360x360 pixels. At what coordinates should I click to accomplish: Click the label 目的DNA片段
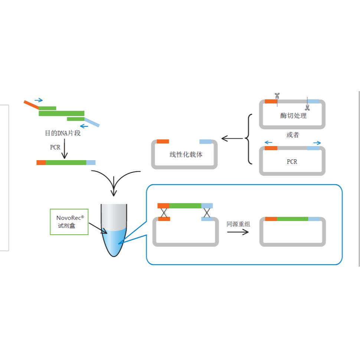pos(63,133)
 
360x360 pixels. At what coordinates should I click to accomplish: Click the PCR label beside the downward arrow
pos(55,147)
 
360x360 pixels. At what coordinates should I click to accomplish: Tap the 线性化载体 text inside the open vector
pos(186,155)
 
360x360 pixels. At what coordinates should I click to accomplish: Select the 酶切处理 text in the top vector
pos(293,116)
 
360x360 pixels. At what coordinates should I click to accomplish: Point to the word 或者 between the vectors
pos(292,135)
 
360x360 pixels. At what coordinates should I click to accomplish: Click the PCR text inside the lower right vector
pos(292,162)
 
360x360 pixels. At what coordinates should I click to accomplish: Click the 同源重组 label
pos(238,224)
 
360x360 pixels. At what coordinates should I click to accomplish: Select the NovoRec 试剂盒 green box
pos(69,222)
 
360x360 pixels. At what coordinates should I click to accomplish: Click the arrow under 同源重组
pos(238,232)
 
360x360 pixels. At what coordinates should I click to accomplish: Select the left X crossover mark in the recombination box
pos(164,212)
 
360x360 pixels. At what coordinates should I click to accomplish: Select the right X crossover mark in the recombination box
pos(207,212)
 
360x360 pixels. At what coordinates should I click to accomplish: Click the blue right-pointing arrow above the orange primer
pos(38,100)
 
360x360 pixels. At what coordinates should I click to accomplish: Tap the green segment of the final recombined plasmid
pos(292,219)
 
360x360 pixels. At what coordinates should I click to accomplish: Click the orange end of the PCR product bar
pos(41,162)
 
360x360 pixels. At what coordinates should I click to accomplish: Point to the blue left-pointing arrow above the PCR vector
pos(268,142)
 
